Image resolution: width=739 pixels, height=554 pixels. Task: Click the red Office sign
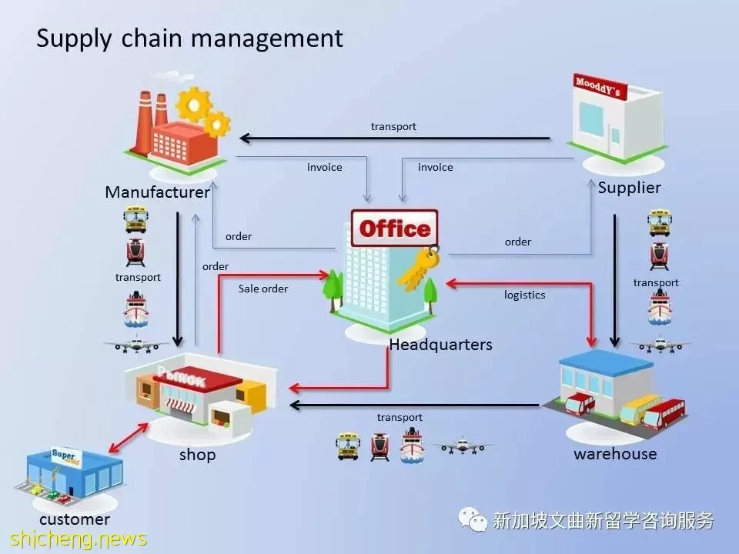click(x=394, y=229)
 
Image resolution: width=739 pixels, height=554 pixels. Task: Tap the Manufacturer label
click(x=157, y=192)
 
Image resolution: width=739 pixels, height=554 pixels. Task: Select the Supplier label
click(x=629, y=188)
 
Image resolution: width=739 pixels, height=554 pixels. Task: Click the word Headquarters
click(x=440, y=345)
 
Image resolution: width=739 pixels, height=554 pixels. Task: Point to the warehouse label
click(x=615, y=454)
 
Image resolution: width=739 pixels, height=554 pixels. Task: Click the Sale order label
click(x=263, y=289)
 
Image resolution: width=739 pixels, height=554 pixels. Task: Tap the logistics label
click(x=524, y=295)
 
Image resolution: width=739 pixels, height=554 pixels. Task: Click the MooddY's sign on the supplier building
click(x=600, y=87)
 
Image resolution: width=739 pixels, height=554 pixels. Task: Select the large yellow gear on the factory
click(x=193, y=104)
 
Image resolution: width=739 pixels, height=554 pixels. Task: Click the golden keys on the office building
click(x=419, y=269)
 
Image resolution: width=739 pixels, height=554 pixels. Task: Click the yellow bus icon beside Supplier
click(x=660, y=222)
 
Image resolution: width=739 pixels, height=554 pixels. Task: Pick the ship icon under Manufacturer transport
click(x=136, y=309)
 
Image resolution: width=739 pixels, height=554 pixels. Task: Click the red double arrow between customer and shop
click(x=129, y=438)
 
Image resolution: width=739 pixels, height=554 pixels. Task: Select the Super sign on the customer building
click(x=66, y=457)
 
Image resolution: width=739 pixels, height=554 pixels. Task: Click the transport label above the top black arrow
click(x=393, y=127)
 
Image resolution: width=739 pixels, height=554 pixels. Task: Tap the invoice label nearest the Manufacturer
click(x=325, y=167)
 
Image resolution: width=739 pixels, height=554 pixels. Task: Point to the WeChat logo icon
click(x=473, y=519)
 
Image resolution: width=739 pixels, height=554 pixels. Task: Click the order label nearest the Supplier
click(x=518, y=242)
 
